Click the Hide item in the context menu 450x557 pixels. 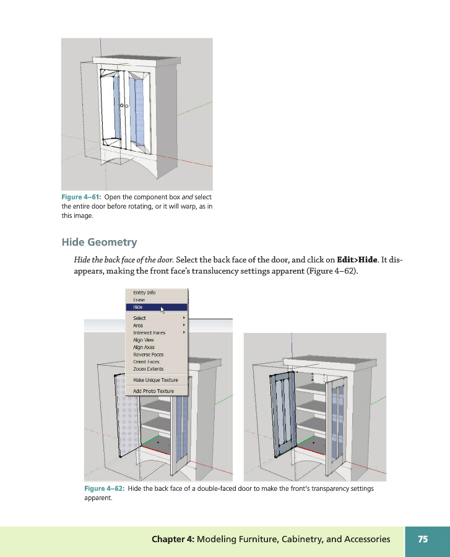coord(139,307)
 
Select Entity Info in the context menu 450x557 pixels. coord(144,293)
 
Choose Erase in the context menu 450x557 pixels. coord(139,300)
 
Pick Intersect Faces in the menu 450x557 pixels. coord(149,332)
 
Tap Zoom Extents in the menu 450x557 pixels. coord(148,369)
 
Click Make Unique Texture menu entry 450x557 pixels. coord(155,380)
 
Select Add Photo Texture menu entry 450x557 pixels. coord(154,391)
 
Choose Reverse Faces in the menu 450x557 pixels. coord(148,355)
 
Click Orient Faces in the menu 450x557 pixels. coord(146,361)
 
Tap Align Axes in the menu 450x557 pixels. coord(144,347)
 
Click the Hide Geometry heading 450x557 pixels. coord(99,242)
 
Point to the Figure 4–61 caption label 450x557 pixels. coord(82,197)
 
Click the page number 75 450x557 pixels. coord(423,539)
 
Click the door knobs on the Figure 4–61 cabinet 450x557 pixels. coord(123,105)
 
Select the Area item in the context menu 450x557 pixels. coord(138,325)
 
